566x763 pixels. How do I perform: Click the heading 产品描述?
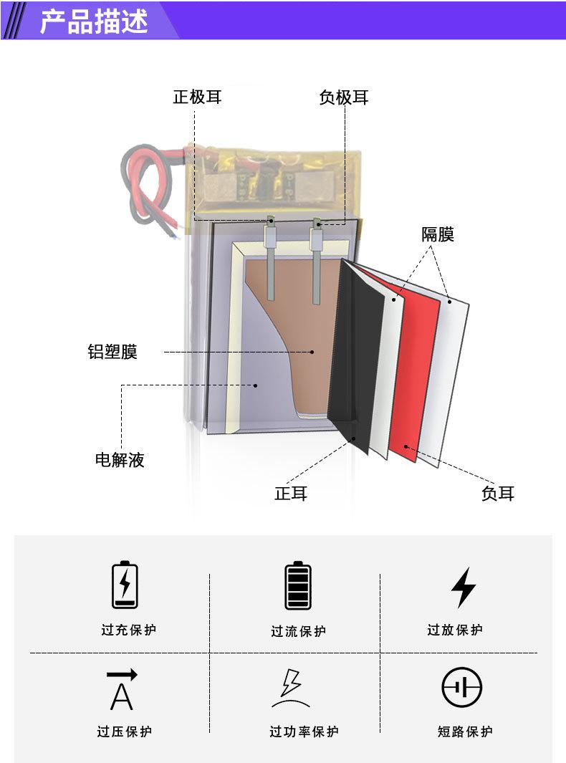click(93, 21)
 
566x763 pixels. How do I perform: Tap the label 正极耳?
click(197, 97)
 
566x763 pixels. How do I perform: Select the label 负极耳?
click(344, 97)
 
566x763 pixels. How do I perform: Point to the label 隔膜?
click(437, 234)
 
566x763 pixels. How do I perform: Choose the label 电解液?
click(120, 460)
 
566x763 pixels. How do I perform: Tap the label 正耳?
click(291, 494)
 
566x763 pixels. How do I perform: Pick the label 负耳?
click(497, 494)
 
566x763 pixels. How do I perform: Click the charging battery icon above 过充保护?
click(125, 585)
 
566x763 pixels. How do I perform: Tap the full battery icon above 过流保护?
click(298, 586)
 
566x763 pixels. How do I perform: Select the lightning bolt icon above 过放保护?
click(464, 587)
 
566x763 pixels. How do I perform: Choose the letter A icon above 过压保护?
click(122, 689)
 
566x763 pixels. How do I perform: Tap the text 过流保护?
click(298, 631)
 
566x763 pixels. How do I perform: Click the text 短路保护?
click(465, 731)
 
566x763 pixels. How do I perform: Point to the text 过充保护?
click(128, 630)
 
